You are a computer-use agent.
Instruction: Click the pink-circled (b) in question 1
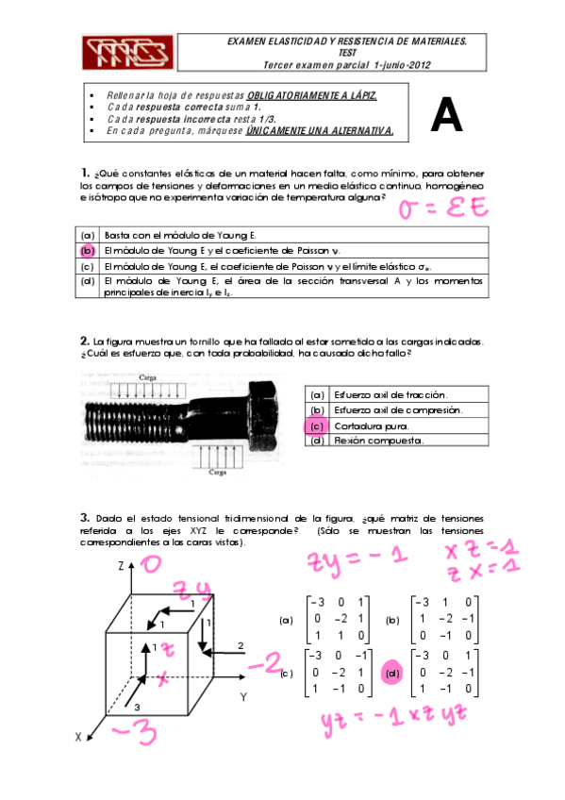(87, 250)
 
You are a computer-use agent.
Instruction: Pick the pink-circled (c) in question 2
(317, 426)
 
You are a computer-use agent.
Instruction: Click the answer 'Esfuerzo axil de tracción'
(391, 395)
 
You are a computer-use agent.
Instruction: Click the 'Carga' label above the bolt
(147, 376)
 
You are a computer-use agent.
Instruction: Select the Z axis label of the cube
(121, 566)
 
